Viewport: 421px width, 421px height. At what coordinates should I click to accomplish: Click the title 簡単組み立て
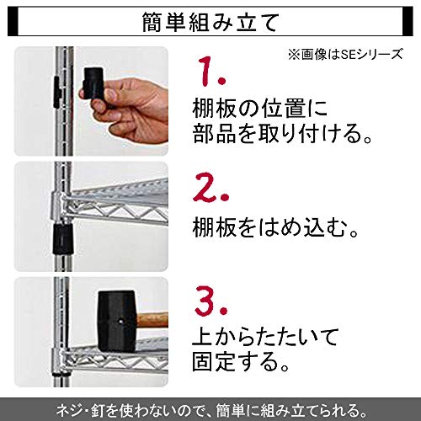pos(210,22)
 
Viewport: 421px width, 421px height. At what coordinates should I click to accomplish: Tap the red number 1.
pos(211,72)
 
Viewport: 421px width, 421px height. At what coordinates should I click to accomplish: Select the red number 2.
pos(210,187)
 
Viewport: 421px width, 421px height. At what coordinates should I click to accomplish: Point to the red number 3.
pos(210,300)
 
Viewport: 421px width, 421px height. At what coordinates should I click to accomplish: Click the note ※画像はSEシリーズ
pos(345,54)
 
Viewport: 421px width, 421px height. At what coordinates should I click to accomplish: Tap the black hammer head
pos(117,321)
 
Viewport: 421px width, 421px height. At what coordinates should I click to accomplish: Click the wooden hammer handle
pos(152,319)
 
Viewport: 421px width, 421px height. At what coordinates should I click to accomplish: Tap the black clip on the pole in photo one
pos(57,92)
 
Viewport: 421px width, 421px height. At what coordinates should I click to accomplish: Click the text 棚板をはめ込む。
pos(275,227)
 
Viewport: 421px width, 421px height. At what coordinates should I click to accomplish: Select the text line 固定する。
pos(241,362)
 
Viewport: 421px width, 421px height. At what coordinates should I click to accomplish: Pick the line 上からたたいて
pos(265,338)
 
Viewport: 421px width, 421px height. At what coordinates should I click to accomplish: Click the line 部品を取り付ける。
pos(283,133)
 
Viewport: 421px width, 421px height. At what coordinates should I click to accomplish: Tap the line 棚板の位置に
pos(260,109)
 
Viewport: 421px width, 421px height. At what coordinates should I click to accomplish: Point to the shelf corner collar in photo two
pos(58,205)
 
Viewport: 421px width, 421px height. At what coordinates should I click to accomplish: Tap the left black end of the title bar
pos(13,22)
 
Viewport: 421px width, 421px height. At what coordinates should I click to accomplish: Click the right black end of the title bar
pos(408,22)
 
